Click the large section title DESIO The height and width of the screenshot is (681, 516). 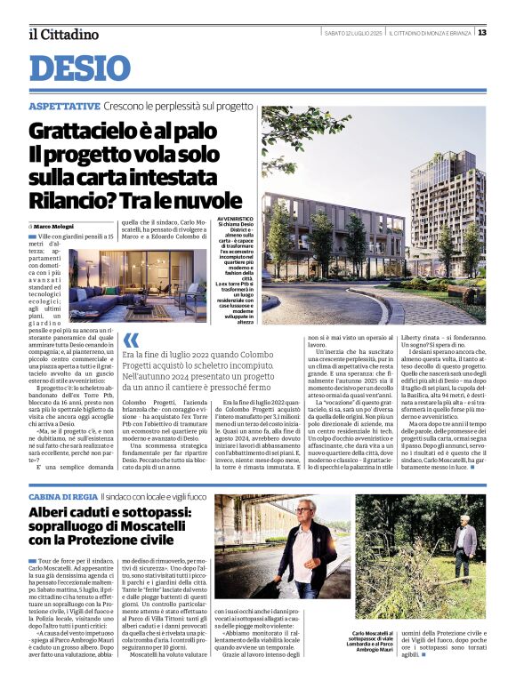(80, 68)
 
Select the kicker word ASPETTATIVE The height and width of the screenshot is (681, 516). (64, 106)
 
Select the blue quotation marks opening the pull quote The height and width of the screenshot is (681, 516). (131, 340)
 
